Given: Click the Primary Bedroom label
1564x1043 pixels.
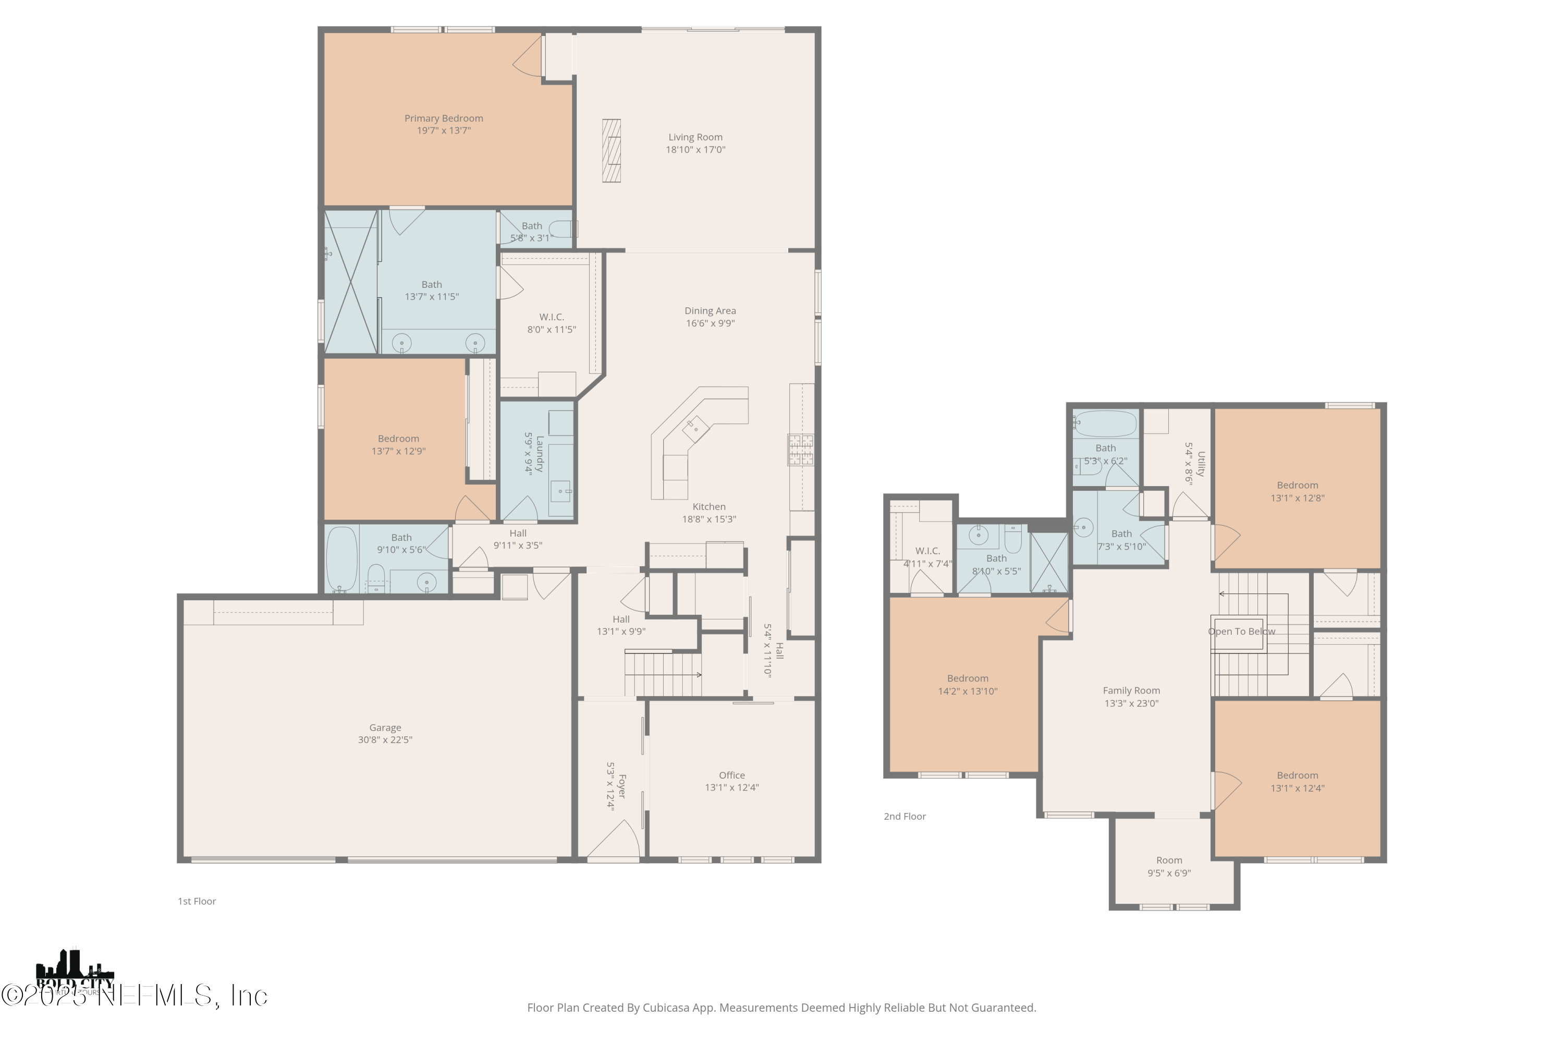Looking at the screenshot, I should tap(444, 118).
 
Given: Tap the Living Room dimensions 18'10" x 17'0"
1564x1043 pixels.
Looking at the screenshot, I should tap(695, 150).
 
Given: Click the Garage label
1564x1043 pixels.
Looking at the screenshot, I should tap(385, 727).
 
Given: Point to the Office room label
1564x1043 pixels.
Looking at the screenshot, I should tap(731, 775).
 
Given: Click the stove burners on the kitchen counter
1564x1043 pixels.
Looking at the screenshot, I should tap(801, 449).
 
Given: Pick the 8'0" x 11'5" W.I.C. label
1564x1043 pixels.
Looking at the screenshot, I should tap(551, 317).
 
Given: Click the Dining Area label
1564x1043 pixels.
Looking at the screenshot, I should tap(710, 311).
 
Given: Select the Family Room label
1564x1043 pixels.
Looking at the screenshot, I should tap(1131, 690).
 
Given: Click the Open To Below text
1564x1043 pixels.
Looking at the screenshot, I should tap(1241, 631).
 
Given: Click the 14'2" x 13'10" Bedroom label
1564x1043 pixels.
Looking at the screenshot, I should tap(968, 678).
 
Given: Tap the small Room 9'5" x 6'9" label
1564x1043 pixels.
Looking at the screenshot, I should tap(1169, 860).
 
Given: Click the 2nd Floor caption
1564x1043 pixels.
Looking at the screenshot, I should tap(905, 816).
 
